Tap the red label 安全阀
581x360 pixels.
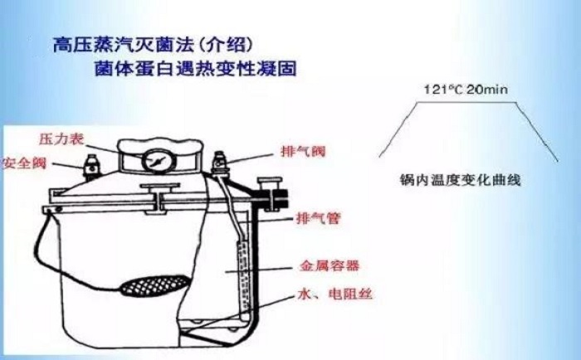(24, 162)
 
